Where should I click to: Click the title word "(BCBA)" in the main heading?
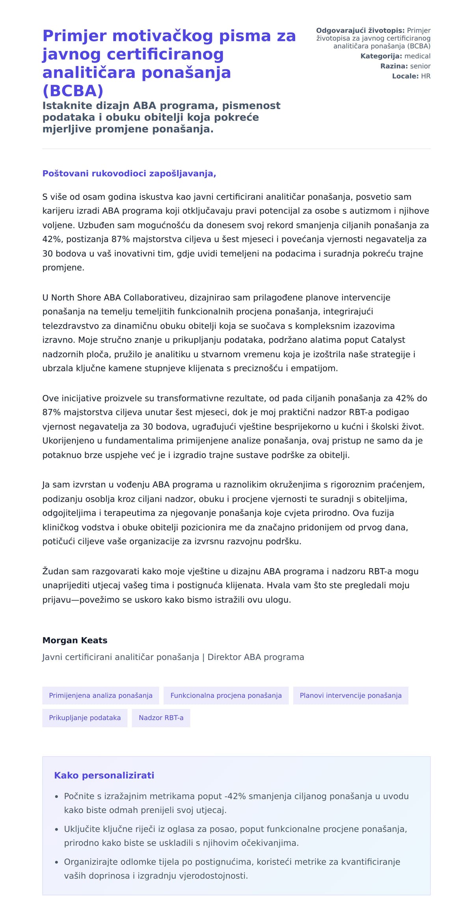[x=73, y=91]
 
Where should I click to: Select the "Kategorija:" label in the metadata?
[x=381, y=56]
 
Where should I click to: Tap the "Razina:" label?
[x=394, y=66]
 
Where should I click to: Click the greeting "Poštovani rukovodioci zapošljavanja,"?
[x=129, y=173]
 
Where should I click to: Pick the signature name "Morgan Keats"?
[x=75, y=640]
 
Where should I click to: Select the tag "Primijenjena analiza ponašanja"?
[x=101, y=695]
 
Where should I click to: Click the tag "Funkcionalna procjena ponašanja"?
[x=226, y=695]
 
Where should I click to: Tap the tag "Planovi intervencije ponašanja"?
[x=350, y=695]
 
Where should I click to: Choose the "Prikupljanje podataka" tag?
[x=85, y=717]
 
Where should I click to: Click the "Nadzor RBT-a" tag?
[x=161, y=717]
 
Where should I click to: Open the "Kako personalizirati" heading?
[x=104, y=775]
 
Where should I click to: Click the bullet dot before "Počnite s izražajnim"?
[x=57, y=797]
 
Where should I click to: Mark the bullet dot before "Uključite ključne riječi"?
[x=57, y=829]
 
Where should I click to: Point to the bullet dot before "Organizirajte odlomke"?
[x=57, y=862]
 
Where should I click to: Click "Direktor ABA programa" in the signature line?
[x=256, y=657]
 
